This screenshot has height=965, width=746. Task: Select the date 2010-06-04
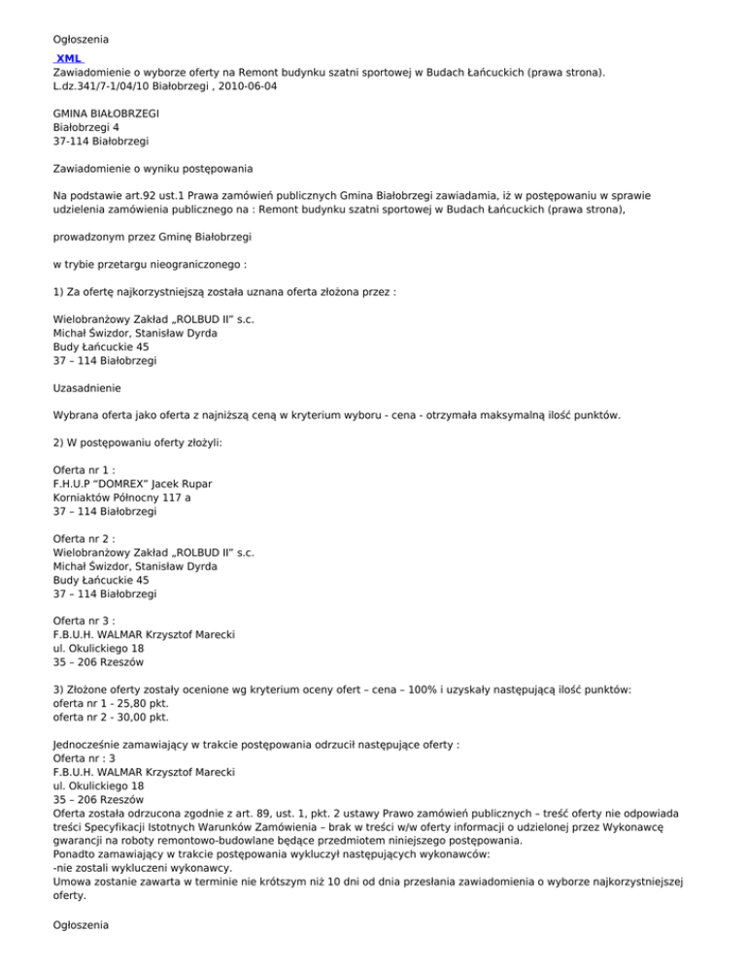pos(246,86)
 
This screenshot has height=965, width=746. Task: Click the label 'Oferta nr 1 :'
pos(86,469)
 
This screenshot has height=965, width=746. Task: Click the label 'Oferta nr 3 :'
pos(86,620)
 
